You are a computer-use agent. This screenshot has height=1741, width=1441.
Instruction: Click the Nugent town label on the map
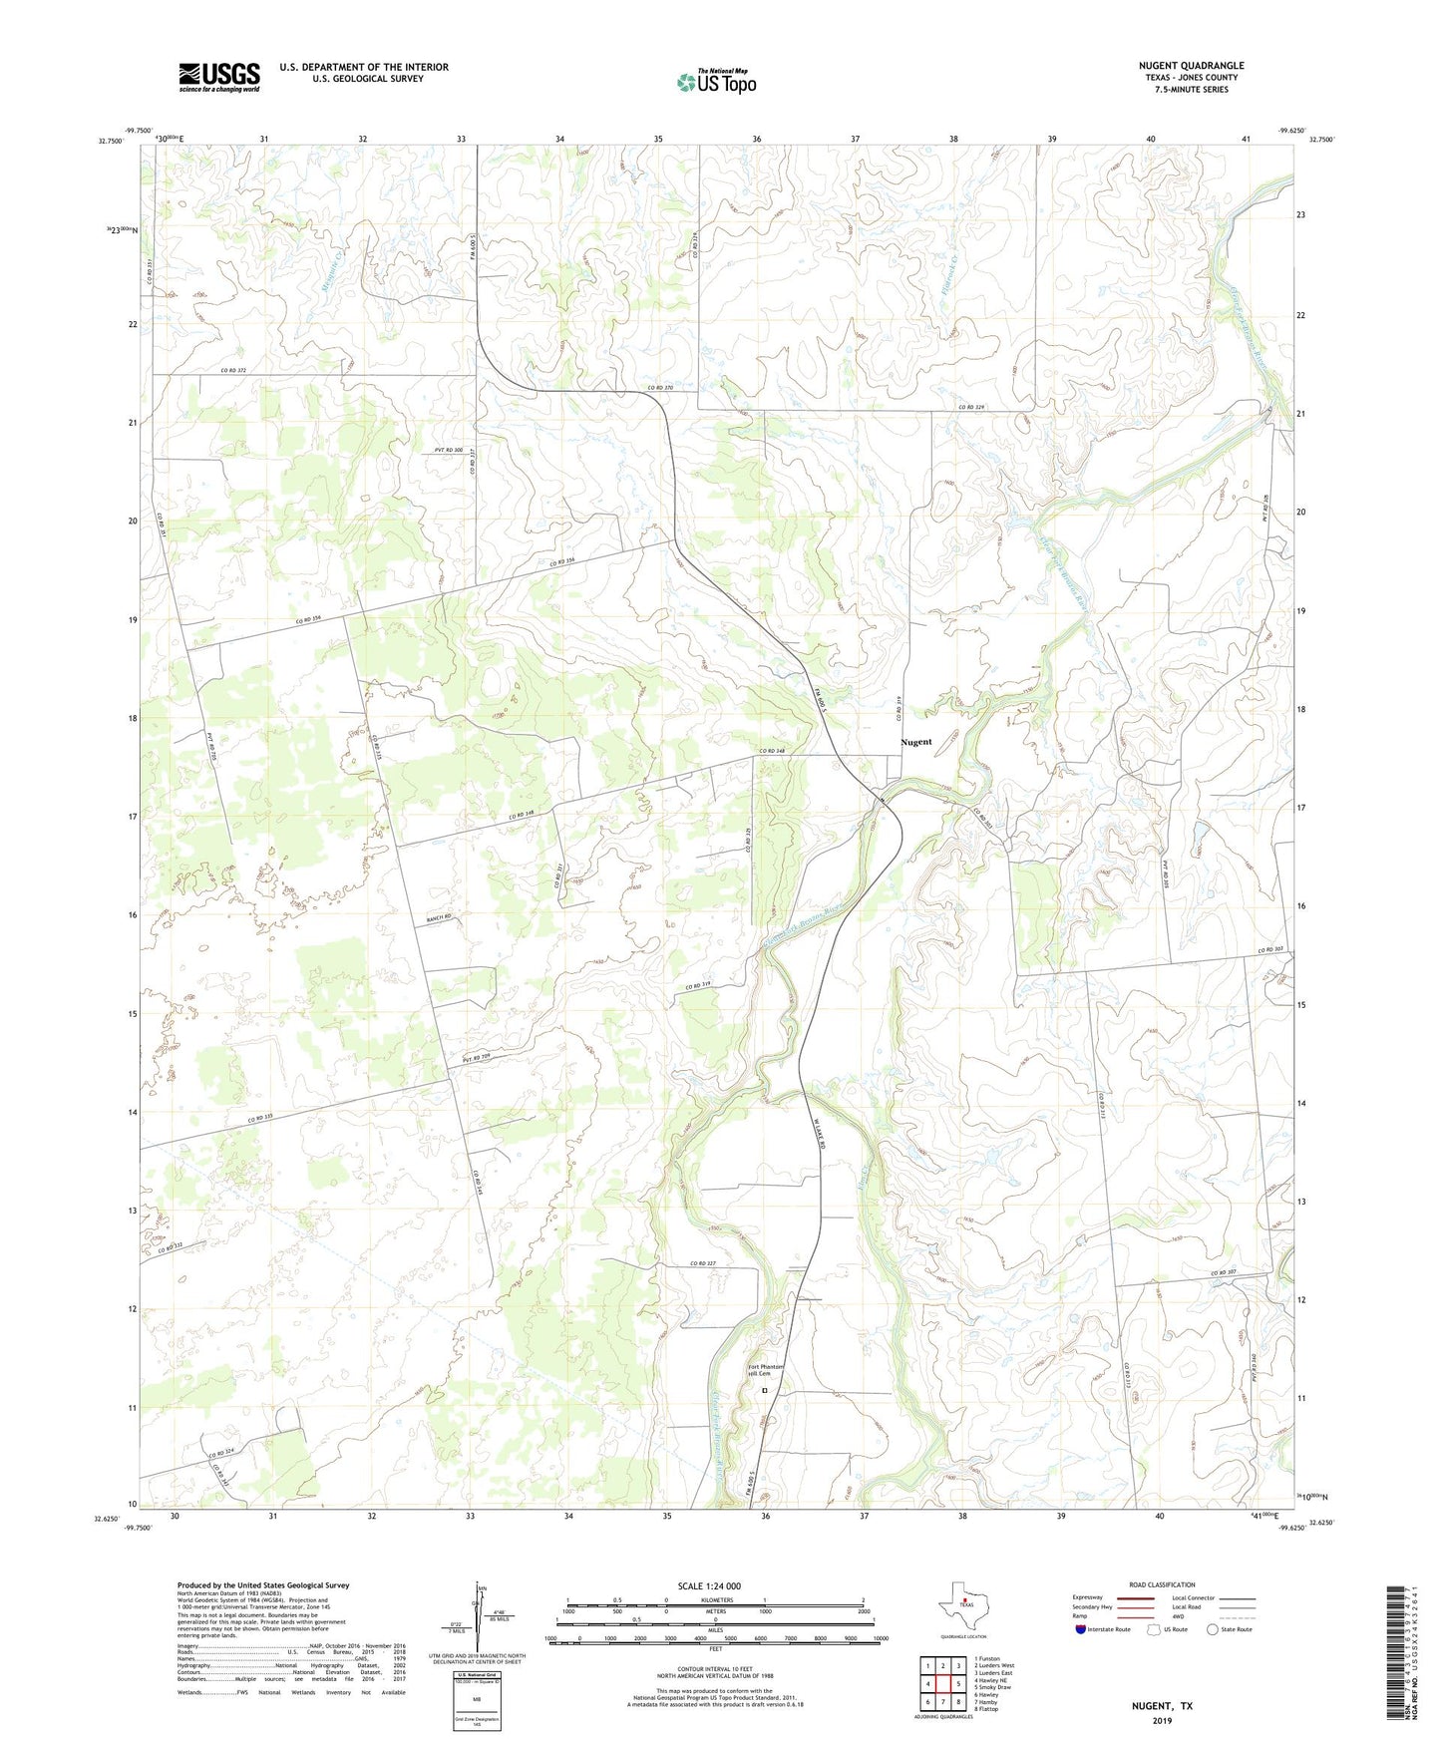click(x=915, y=742)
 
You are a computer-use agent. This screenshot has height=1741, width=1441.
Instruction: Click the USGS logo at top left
click(x=219, y=77)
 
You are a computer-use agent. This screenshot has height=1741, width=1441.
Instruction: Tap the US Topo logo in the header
click(x=716, y=82)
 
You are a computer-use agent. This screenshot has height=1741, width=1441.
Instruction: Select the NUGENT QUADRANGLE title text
click(x=1191, y=66)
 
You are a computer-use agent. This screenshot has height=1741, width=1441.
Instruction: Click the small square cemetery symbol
click(x=765, y=1390)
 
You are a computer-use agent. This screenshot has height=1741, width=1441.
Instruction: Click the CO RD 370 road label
click(x=667, y=388)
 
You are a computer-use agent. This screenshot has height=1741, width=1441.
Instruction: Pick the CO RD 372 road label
click(x=233, y=370)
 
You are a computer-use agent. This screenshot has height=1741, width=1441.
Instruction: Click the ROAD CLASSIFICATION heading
click(x=1162, y=1584)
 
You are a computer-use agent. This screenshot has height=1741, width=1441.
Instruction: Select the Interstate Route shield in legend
click(x=1081, y=1629)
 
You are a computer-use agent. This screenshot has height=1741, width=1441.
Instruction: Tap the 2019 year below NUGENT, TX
click(x=1162, y=1720)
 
